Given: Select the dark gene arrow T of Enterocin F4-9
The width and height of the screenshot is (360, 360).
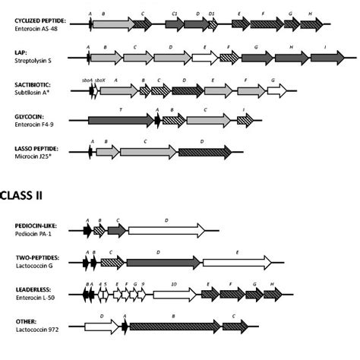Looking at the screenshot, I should coord(120,120).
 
